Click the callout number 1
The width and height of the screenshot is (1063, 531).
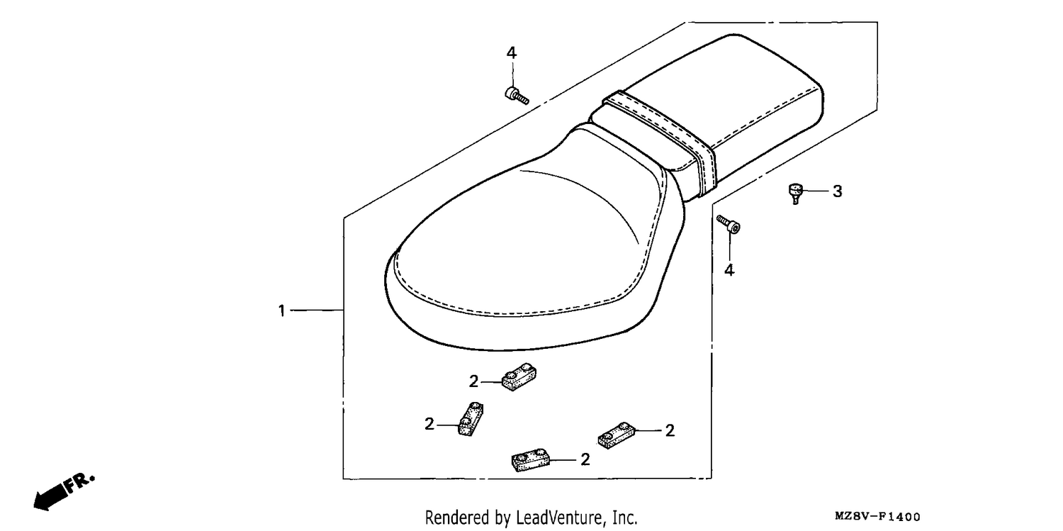click(281, 311)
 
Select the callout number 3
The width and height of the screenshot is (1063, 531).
click(838, 191)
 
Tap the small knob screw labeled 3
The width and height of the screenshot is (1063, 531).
click(795, 193)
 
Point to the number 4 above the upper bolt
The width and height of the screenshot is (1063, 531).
click(511, 52)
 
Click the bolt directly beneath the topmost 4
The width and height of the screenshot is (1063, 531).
click(517, 96)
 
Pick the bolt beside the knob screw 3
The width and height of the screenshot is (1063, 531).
click(729, 224)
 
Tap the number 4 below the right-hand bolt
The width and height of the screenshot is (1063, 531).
click(729, 270)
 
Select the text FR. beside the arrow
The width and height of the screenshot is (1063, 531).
click(81, 481)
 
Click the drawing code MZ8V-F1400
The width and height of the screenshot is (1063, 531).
click(877, 516)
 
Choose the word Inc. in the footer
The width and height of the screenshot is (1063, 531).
click(625, 518)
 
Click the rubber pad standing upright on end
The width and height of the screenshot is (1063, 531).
click(471, 419)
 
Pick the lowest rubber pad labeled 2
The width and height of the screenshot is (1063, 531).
click(531, 460)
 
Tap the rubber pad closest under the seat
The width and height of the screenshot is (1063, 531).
click(519, 377)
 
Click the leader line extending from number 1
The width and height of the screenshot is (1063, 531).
click(317, 311)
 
